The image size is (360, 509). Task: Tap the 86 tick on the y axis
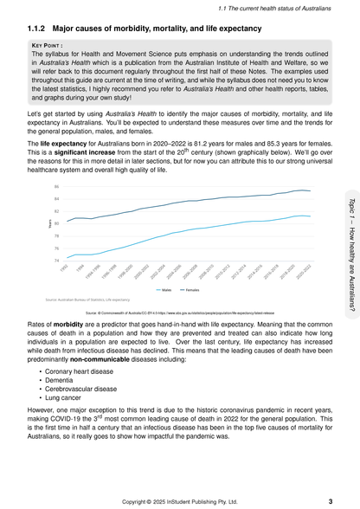pyautogui.click(x=57, y=187)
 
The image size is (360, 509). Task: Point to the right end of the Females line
pyautogui.click(x=310, y=191)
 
